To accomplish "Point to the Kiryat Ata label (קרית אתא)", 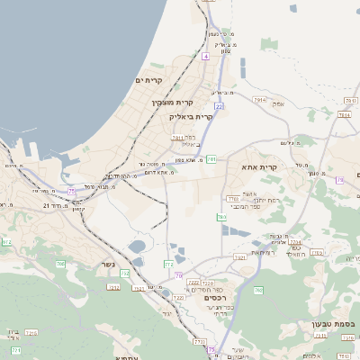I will click(x=259, y=166).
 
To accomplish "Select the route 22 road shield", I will click(x=219, y=106).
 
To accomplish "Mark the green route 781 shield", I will click(x=211, y=158).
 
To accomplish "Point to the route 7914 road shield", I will click(x=343, y=114).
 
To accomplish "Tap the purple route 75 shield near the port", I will click(x=72, y=191).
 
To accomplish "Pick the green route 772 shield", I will click(x=168, y=264).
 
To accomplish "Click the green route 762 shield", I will click(x=259, y=290).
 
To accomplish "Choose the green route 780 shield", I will click(x=221, y=217).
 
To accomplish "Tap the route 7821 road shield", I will click(x=239, y=258).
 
